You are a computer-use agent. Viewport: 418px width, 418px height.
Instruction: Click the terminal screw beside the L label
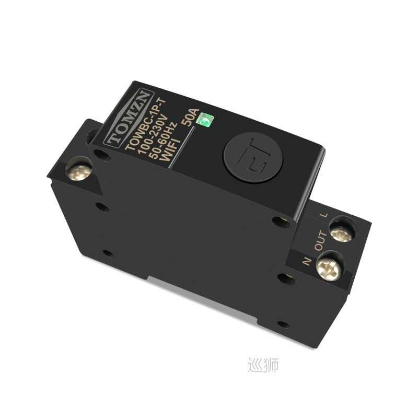(x=342, y=230)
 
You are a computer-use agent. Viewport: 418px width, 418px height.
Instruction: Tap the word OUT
(x=320, y=241)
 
